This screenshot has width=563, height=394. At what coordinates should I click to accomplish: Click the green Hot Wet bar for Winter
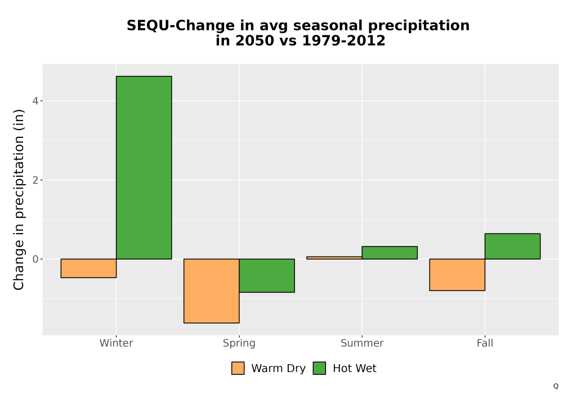coord(144,168)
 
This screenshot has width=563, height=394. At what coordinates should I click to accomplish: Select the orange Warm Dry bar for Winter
coord(89,268)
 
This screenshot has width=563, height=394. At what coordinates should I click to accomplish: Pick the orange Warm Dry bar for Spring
coord(212,291)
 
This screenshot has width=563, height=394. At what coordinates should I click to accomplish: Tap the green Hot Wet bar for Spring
coord(267,276)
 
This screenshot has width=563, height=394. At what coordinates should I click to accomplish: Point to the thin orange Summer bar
coord(334,258)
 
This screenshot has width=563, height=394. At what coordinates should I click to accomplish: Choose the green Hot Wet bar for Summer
coord(390,253)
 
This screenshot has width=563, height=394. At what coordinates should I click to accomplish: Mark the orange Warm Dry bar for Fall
coord(457,275)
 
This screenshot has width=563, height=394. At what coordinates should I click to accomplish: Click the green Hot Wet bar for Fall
coord(512,246)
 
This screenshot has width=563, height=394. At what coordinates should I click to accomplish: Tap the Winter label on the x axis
coord(117,343)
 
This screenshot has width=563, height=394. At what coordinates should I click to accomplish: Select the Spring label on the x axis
coord(239,343)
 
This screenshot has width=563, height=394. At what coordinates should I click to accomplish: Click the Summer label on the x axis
coord(362,343)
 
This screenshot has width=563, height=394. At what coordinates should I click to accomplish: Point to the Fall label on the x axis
coord(485,343)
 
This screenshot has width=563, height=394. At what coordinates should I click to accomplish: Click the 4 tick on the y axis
coord(35,101)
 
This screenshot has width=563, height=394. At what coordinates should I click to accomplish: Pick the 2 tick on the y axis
coord(35,180)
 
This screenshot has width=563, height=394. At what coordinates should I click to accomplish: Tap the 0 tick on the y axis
coord(35,259)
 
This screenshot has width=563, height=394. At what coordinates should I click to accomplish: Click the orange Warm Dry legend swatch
coord(238,368)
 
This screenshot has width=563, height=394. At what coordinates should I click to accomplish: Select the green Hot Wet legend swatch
coord(319,368)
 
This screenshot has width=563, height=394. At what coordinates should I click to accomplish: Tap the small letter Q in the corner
coord(556,386)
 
